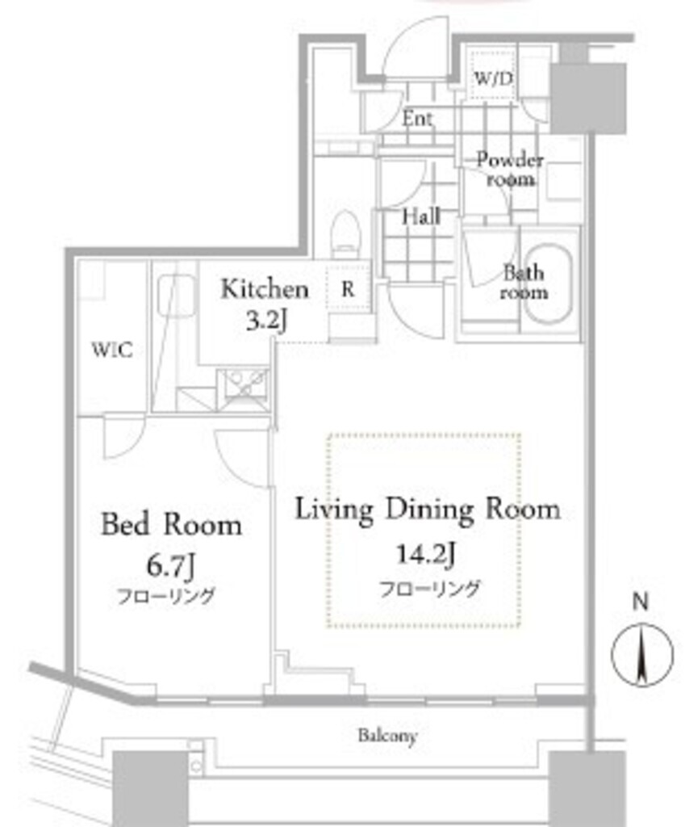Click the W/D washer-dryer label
coord(493,79)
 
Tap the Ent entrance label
coord(418,120)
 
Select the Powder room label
coord(509,169)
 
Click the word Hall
coord(421,216)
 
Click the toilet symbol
coord(346,230)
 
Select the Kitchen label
coord(265,288)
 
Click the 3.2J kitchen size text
coord(265,320)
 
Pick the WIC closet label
coord(111,351)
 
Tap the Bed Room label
coord(171,525)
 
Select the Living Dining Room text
coord(427,510)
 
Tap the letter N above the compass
coord(641,602)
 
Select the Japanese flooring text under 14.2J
coord(430,588)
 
